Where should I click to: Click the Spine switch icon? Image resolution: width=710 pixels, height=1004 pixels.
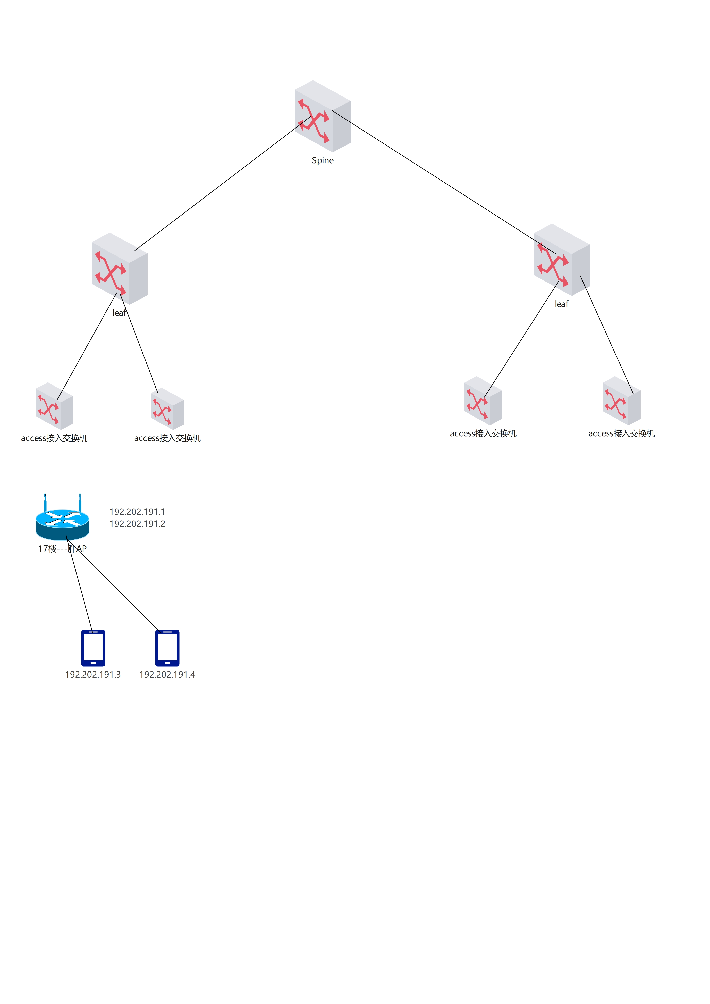323,116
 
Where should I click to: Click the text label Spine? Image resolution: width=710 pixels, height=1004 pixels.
323,160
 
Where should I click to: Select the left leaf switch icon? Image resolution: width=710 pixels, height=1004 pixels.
119,269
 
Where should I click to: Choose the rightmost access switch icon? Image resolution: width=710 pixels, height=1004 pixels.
621,401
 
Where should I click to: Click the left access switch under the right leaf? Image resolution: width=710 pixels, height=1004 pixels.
483,401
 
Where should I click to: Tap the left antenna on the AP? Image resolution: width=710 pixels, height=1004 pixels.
45,502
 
